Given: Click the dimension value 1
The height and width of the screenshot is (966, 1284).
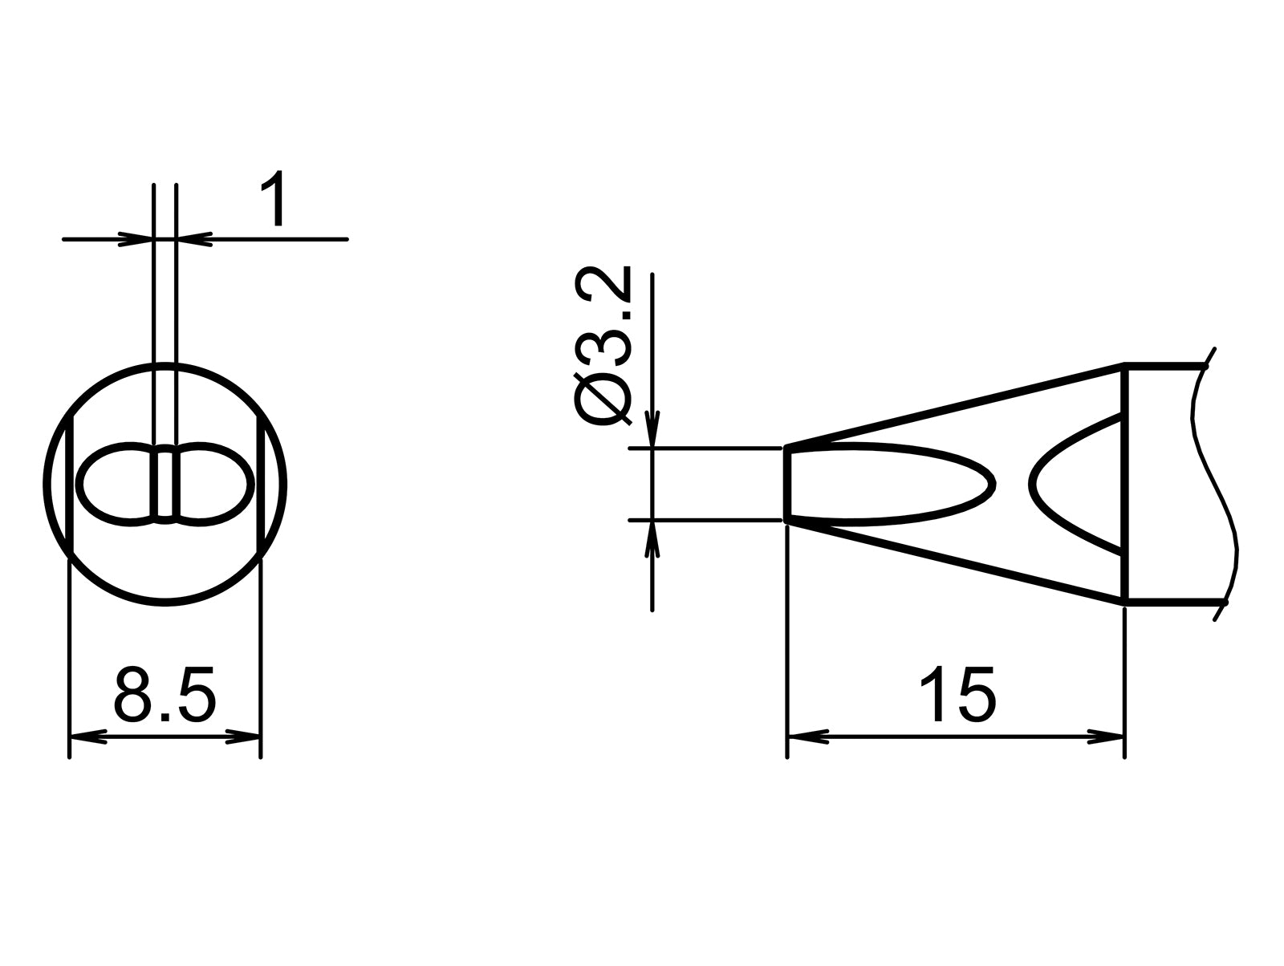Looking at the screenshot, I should (x=274, y=200).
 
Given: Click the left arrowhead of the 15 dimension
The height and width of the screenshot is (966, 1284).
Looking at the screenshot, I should (x=806, y=736).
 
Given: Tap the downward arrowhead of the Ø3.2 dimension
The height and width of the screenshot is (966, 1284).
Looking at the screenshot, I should (x=653, y=429).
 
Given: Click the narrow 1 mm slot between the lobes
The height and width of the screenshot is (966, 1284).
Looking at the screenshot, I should (x=165, y=484).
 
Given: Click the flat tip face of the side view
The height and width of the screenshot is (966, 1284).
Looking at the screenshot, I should (x=787, y=484).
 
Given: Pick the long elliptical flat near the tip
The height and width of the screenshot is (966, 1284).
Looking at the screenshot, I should (x=891, y=484).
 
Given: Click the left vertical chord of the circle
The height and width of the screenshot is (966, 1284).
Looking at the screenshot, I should (x=72, y=484).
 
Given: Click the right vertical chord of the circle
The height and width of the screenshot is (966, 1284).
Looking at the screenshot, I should (x=258, y=484).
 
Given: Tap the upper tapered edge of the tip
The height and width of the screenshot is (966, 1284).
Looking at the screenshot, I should (x=955, y=405).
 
